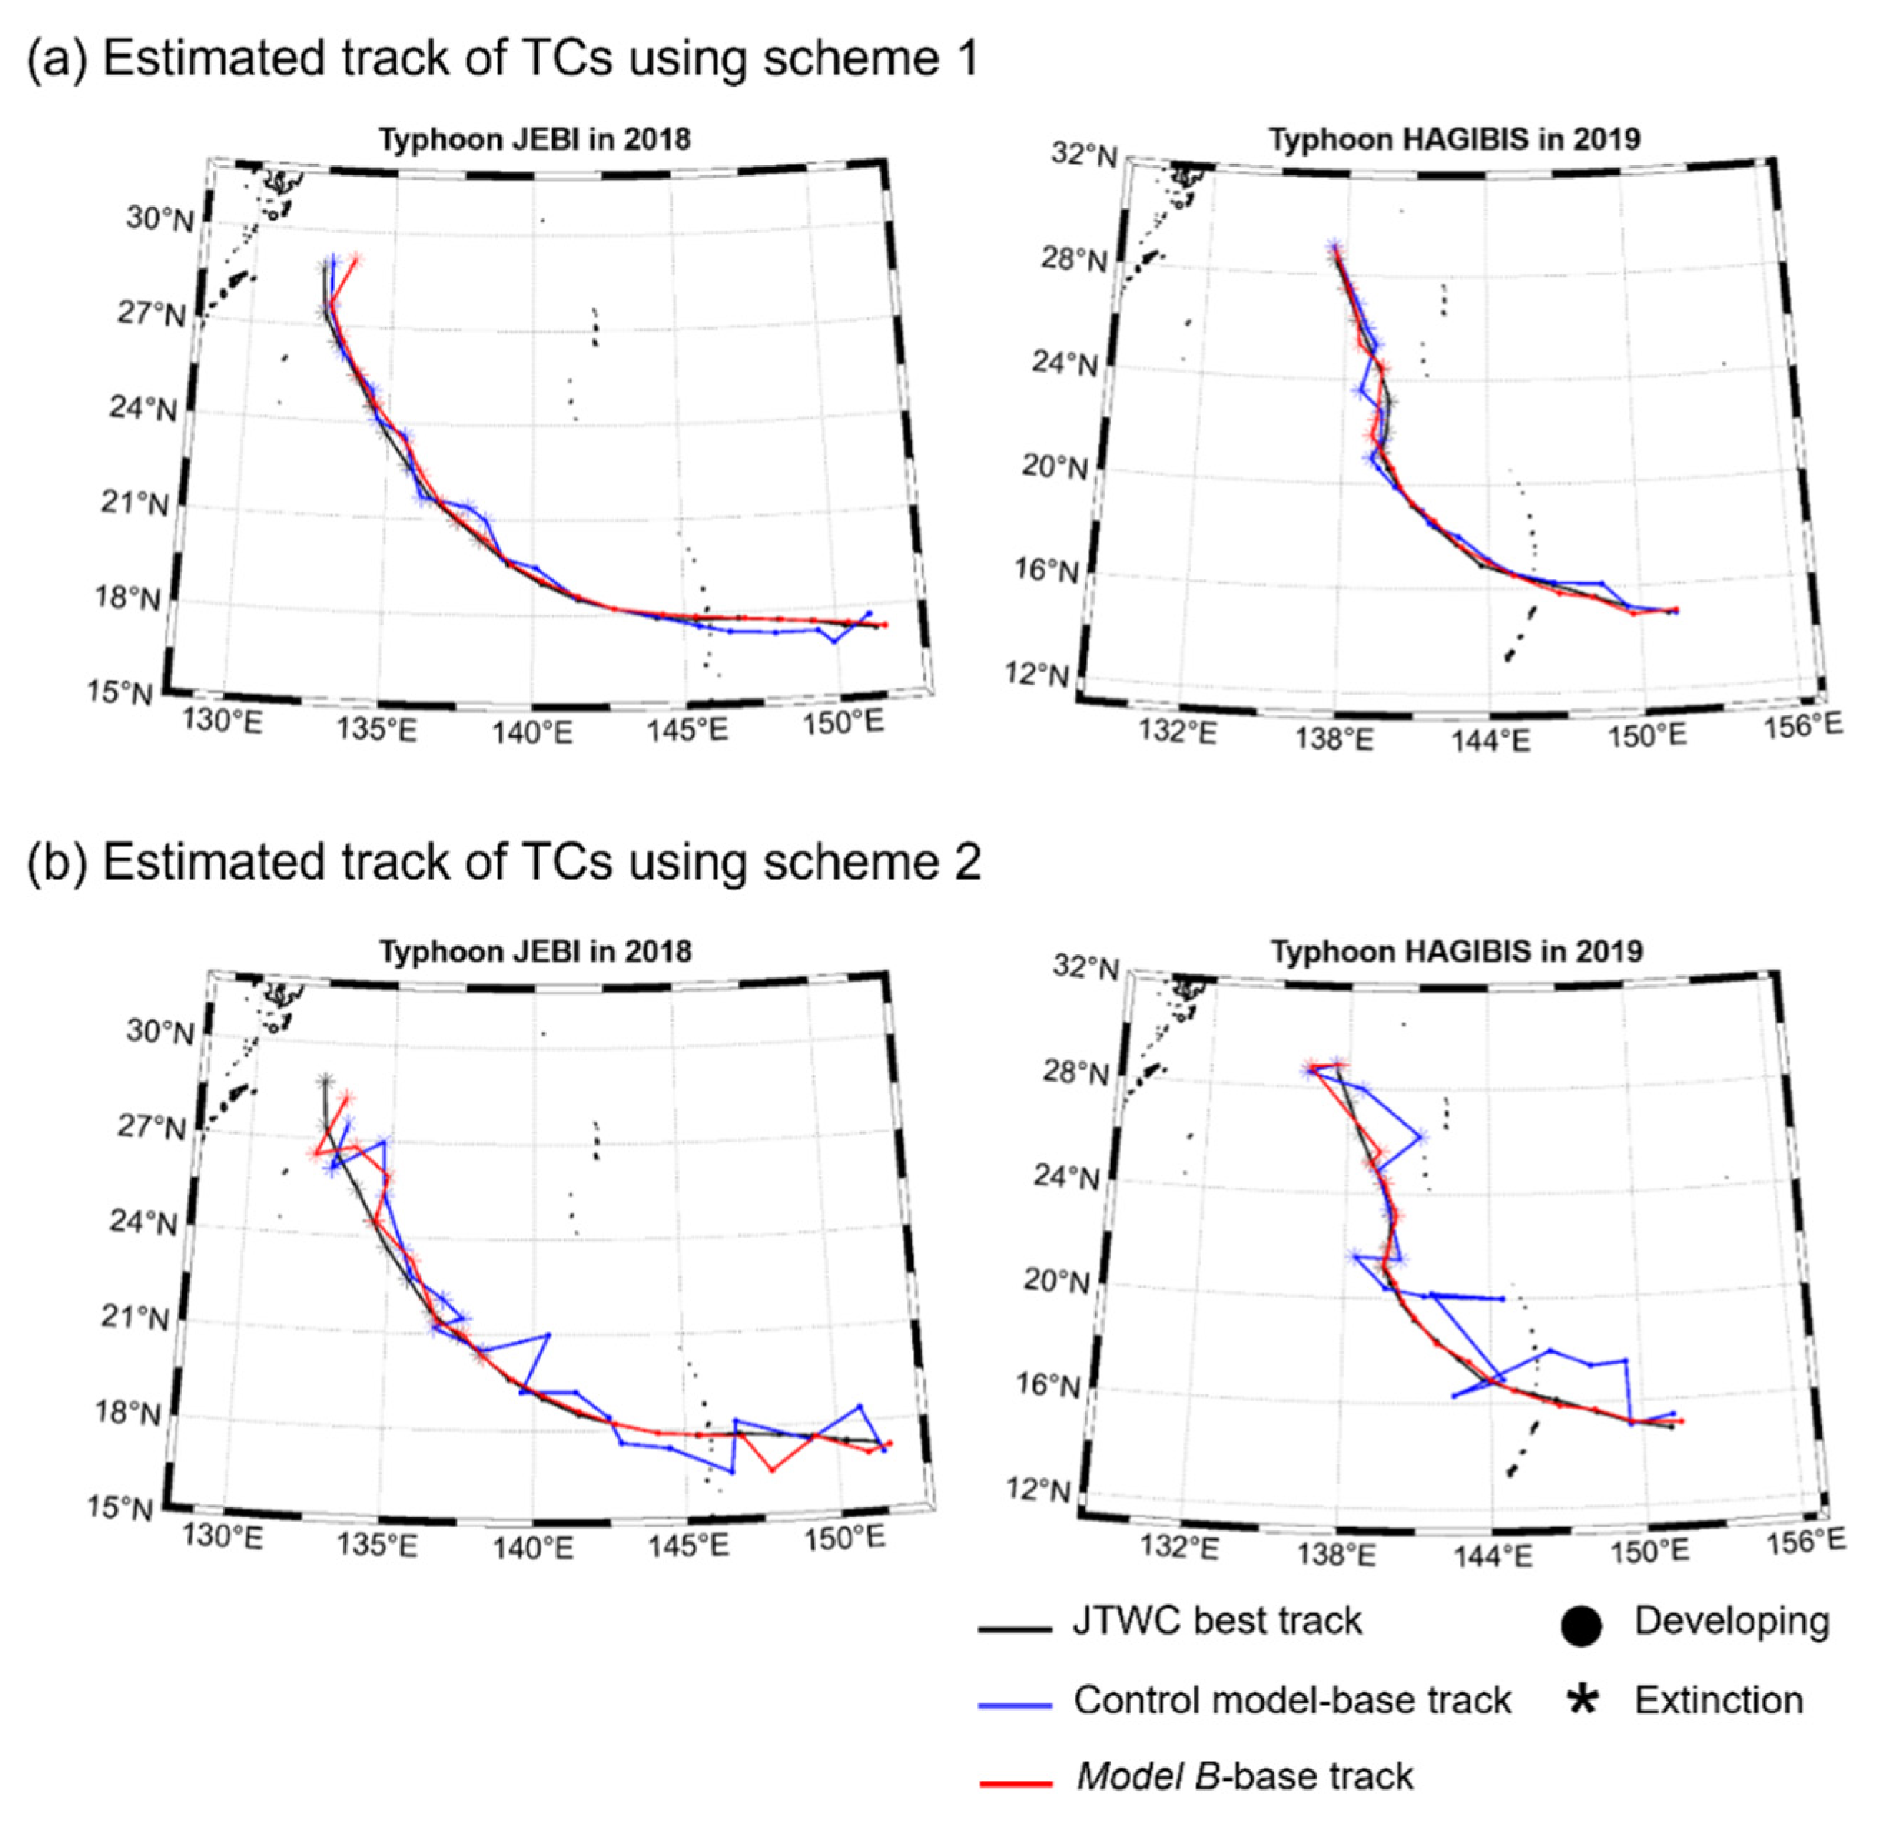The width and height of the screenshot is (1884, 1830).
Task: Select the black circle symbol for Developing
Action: click(1581, 1626)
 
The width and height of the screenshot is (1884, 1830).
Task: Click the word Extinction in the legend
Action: click(1719, 1701)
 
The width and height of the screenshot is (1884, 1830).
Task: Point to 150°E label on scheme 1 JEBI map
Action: click(843, 722)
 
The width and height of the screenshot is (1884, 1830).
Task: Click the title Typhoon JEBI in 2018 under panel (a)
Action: click(535, 140)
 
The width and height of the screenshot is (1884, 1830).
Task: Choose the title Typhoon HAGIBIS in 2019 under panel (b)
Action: click(1456, 952)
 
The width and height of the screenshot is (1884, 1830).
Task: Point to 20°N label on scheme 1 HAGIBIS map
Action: click(1055, 468)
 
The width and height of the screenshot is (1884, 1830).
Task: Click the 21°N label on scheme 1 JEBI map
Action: click(135, 503)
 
